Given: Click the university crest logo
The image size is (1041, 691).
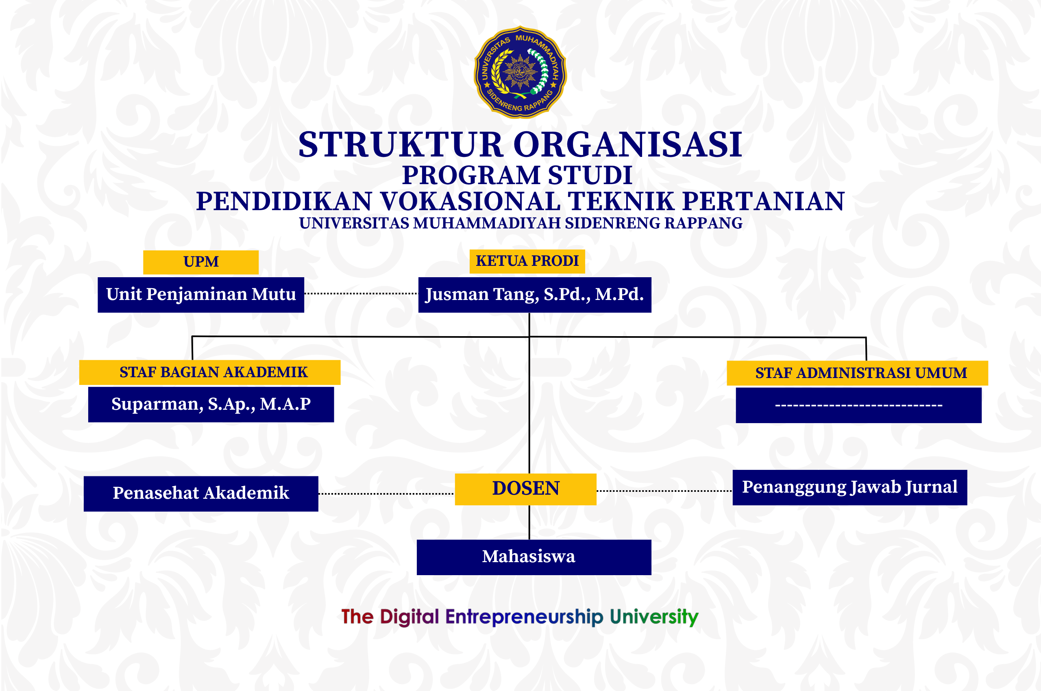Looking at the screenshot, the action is coord(520,72).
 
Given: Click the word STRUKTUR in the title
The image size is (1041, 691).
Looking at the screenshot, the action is coord(401,145).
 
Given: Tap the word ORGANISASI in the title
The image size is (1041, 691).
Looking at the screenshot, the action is coord(628,145).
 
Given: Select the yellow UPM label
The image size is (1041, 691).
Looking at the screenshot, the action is coord(200,262).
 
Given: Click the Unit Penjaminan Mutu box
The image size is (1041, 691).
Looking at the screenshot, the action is coord(200,295).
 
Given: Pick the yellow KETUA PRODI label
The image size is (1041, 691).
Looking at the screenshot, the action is coord(527,261).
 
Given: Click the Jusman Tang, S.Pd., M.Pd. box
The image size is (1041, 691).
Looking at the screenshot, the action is coord(534,295).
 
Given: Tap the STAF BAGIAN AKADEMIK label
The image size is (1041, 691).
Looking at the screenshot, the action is coord(209,372).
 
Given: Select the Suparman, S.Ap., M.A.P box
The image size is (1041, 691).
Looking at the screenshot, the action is coord(211,404).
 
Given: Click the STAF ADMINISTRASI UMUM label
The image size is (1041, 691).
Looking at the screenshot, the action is coord(857,373).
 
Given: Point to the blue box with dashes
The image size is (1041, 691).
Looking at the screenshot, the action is coord(858,405).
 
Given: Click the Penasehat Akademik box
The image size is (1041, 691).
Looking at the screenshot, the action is coord(200,493).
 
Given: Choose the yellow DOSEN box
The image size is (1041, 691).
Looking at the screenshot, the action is coord(525,489).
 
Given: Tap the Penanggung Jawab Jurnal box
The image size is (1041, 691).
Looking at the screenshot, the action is coord(849,487).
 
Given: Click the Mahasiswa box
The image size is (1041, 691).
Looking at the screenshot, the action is coord(534,557).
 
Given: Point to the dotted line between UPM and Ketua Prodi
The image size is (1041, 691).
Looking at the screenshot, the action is coord(361,293).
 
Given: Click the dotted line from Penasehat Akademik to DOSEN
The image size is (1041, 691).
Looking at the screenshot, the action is coord(387,494).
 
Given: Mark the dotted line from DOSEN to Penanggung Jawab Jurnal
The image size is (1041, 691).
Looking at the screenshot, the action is coord(664,491).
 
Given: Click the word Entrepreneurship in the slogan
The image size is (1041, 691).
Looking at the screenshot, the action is coord(524,617).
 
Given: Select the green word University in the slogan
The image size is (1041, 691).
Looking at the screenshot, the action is coord(654,617).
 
